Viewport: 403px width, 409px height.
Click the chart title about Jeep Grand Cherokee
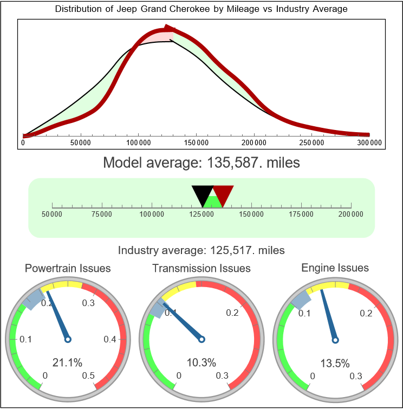201,9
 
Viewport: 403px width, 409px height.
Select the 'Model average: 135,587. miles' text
201,163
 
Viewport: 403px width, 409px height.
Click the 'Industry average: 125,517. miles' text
201,250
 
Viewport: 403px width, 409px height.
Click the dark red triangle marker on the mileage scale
223,193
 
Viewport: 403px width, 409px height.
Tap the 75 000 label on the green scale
102,215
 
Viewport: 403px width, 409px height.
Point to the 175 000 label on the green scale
301,215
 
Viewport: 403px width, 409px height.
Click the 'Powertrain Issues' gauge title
68,268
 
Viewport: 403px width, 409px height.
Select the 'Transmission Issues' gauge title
201,268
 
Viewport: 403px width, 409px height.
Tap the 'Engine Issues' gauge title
335,268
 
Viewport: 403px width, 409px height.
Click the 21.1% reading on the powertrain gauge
67,362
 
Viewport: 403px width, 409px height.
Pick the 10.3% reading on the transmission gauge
201,362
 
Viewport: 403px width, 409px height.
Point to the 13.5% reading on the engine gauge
335,362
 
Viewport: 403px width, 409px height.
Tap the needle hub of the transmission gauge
201,339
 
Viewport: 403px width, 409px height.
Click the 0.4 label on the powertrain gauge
110,340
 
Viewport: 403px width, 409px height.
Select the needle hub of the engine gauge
335,340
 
